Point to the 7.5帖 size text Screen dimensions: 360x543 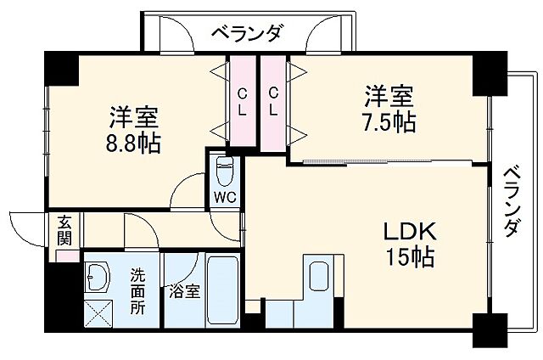coord(390,121)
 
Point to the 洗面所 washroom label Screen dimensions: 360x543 coord(137,290)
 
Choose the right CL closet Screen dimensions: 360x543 coord(273,99)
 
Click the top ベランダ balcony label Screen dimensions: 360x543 coord(245,35)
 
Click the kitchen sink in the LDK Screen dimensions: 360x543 coord(319,277)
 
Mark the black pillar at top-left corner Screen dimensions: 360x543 coord(60,67)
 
